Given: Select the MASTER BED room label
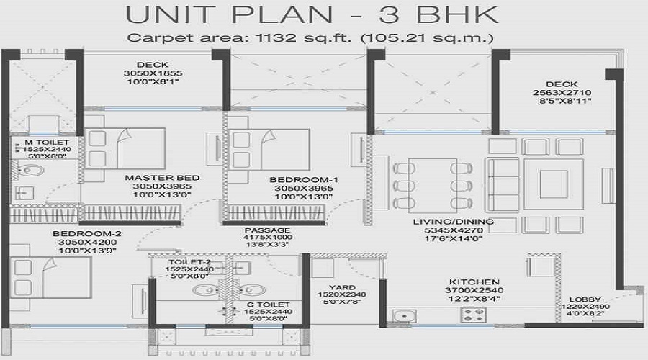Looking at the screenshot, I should coord(152,177).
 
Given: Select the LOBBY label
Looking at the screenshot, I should coord(584,299).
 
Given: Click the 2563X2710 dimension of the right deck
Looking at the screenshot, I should coord(562,94).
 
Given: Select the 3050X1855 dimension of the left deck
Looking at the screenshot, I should coord(152,73).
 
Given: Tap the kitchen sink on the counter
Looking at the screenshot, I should coord(405,315).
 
